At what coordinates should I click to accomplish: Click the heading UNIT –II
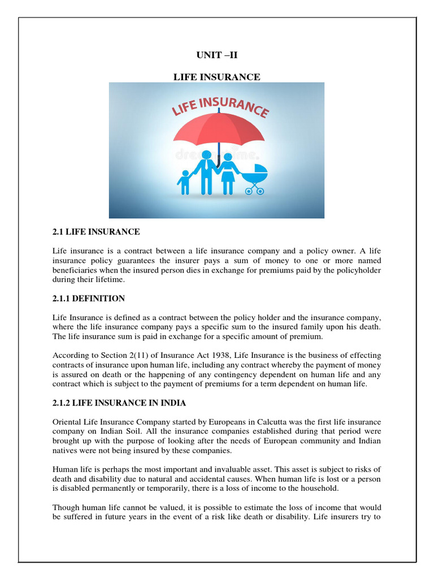[216, 56]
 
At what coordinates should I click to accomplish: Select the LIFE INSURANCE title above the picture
[216, 77]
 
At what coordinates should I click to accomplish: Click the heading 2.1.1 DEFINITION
[89, 298]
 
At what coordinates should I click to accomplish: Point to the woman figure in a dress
[228, 169]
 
